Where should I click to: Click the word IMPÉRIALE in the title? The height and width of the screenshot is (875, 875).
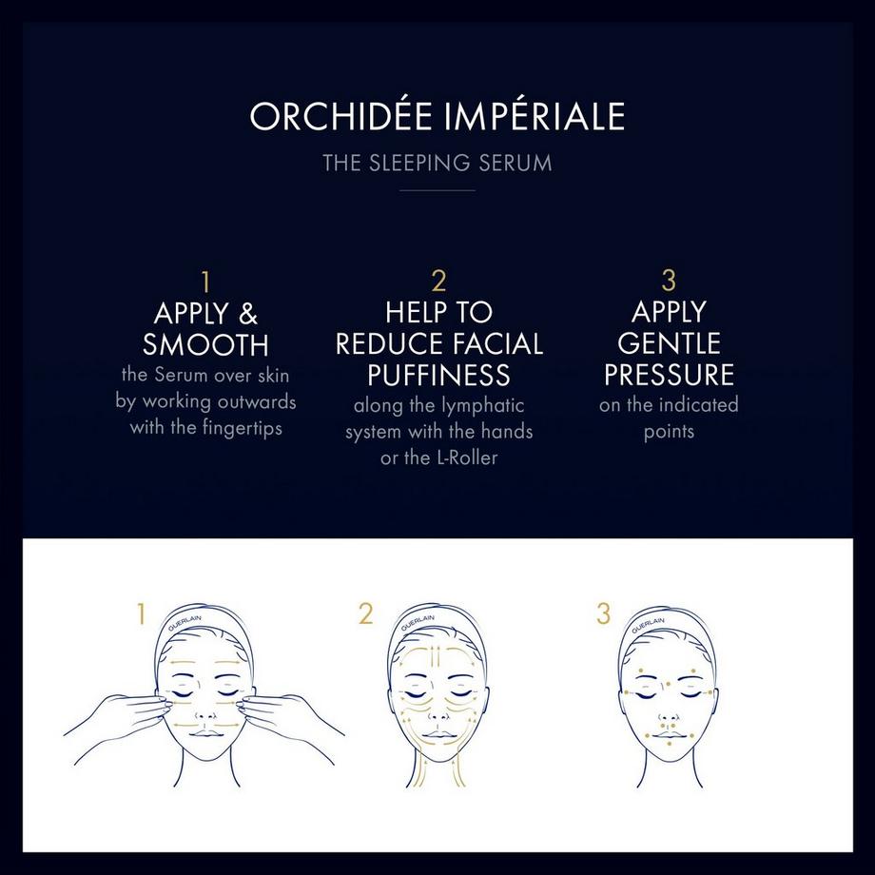pyautogui.click(x=534, y=116)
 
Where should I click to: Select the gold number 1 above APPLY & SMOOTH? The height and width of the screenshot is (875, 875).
pyautogui.click(x=205, y=282)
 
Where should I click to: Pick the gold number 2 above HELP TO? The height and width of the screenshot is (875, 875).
pyautogui.click(x=438, y=282)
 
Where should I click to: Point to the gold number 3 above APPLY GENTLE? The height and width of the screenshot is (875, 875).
pyautogui.click(x=669, y=282)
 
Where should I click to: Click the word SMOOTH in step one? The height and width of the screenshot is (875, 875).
pyautogui.click(x=205, y=344)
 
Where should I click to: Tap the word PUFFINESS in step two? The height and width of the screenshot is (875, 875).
pyautogui.click(x=438, y=374)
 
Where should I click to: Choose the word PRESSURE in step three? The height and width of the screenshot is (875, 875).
pyautogui.click(x=669, y=374)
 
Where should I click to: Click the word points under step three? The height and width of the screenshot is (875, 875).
pyautogui.click(x=669, y=431)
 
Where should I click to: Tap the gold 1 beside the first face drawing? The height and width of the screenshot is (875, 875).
pyautogui.click(x=141, y=614)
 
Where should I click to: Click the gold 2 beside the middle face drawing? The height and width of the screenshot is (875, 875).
pyautogui.click(x=365, y=614)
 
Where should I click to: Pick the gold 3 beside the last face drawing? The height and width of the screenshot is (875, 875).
pyautogui.click(x=604, y=614)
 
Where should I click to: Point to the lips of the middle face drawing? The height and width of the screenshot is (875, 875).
pyautogui.click(x=438, y=729)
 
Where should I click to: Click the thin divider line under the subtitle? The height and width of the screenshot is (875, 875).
pyautogui.click(x=437, y=190)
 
